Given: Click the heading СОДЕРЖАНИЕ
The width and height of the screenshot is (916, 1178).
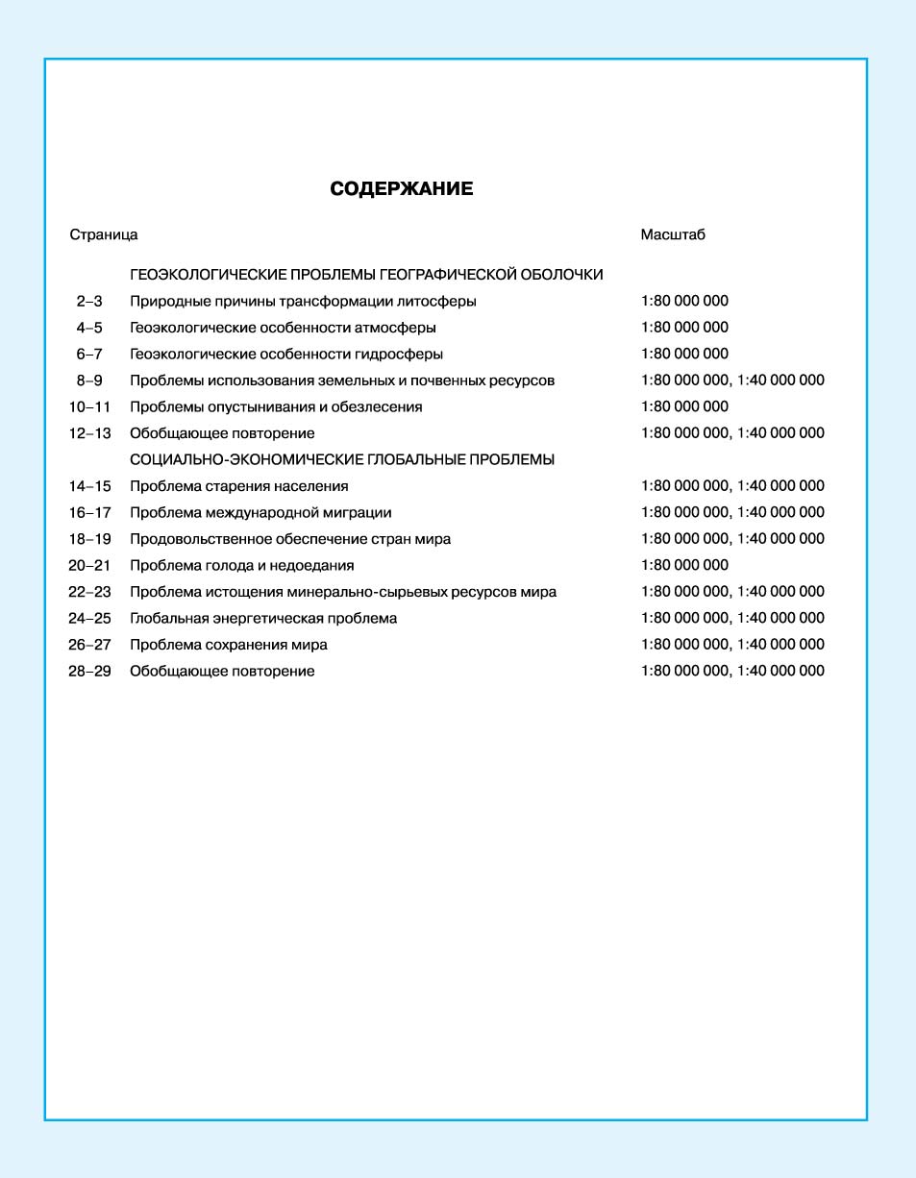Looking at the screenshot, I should pos(401,189).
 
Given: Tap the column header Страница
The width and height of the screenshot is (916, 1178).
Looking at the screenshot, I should pos(103,234).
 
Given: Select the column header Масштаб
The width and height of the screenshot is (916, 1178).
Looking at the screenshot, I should pos(673,234).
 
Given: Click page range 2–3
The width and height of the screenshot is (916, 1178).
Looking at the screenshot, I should pos(89,302).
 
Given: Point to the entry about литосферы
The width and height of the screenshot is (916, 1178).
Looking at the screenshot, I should pos(303,302).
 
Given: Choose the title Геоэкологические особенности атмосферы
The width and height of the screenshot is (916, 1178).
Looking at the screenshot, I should pos(283,328).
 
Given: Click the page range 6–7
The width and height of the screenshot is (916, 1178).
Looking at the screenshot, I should pos(89,354).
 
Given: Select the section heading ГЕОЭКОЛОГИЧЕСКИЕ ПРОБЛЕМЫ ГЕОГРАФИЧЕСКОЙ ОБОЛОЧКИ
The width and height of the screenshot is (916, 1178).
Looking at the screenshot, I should pos(366,275).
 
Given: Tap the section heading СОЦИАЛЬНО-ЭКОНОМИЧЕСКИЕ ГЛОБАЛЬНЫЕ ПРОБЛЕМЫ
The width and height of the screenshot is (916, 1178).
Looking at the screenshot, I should pos(342,459).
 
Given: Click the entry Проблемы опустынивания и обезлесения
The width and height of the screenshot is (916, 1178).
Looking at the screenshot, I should pos(276,406).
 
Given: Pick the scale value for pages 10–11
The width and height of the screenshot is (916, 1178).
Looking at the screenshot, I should pos(684,406).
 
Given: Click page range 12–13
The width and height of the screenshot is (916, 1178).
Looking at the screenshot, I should pos(89,433).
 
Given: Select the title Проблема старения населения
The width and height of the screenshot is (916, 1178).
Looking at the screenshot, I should pos(239,486).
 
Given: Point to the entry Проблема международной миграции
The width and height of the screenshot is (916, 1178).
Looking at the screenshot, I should pos(260,512).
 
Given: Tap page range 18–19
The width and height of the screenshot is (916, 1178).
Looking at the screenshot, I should pos(89,539).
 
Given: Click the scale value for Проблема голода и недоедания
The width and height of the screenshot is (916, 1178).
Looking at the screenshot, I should pos(684,565).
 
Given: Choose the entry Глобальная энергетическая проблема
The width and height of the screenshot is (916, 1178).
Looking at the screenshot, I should pos(263,618).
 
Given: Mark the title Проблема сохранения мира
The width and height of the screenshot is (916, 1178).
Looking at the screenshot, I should pos(229,645).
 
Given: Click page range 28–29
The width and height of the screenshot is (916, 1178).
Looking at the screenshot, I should pos(89,671).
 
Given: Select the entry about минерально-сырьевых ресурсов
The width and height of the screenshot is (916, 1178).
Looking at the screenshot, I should pos(343,592).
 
